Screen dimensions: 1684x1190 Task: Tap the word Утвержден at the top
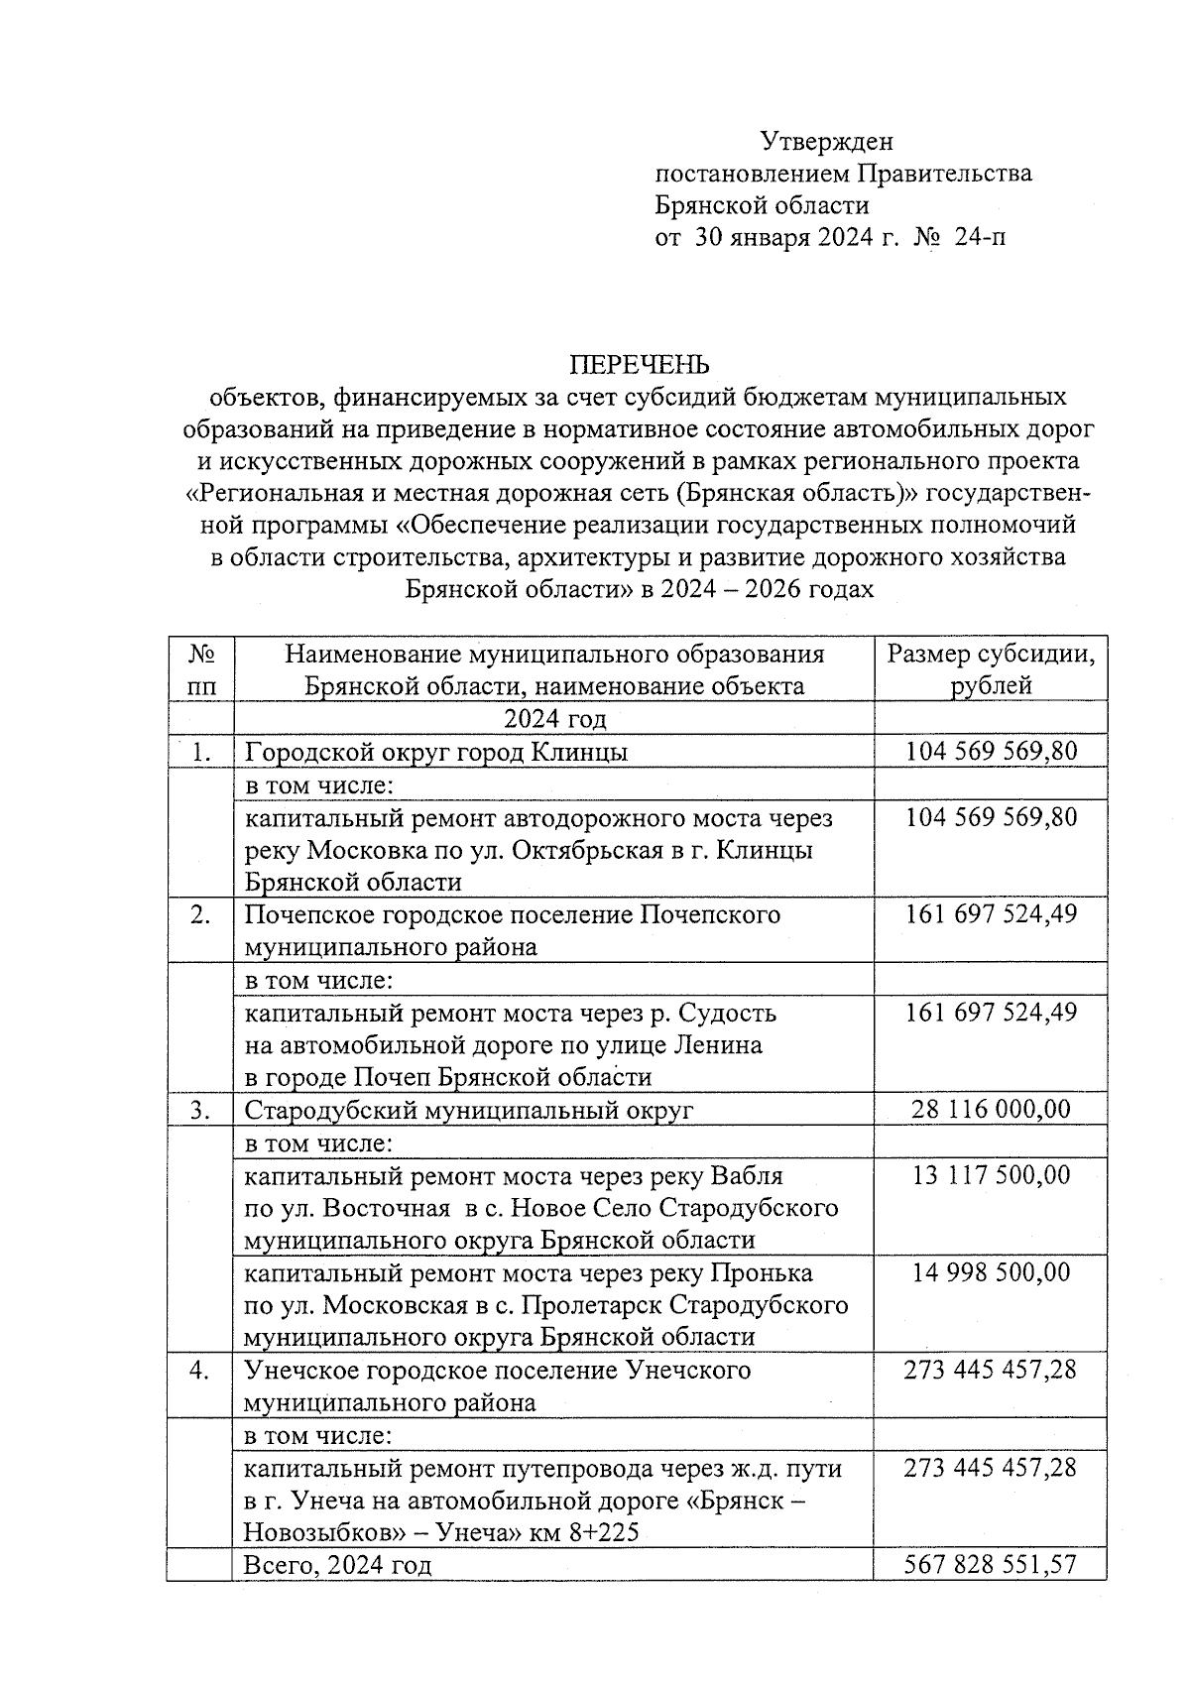click(x=827, y=142)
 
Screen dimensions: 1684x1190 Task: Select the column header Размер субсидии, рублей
click(x=991, y=669)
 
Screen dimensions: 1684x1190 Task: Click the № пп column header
click(x=201, y=669)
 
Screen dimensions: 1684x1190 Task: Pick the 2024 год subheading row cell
click(x=554, y=718)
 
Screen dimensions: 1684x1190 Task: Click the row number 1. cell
click(x=201, y=752)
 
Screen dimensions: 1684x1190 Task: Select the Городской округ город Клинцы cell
click(x=436, y=752)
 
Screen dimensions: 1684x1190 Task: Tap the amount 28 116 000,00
click(x=991, y=1109)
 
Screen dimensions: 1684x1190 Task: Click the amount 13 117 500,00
click(x=991, y=1175)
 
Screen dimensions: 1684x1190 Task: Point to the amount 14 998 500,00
click(x=991, y=1272)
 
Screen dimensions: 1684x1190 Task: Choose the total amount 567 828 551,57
click(x=991, y=1565)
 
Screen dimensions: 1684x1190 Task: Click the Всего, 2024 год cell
click(x=338, y=1565)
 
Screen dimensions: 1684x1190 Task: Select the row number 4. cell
click(x=201, y=1371)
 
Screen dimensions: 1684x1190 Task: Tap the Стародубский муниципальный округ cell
click(x=469, y=1110)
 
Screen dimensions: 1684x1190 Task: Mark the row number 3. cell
click(x=201, y=1110)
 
